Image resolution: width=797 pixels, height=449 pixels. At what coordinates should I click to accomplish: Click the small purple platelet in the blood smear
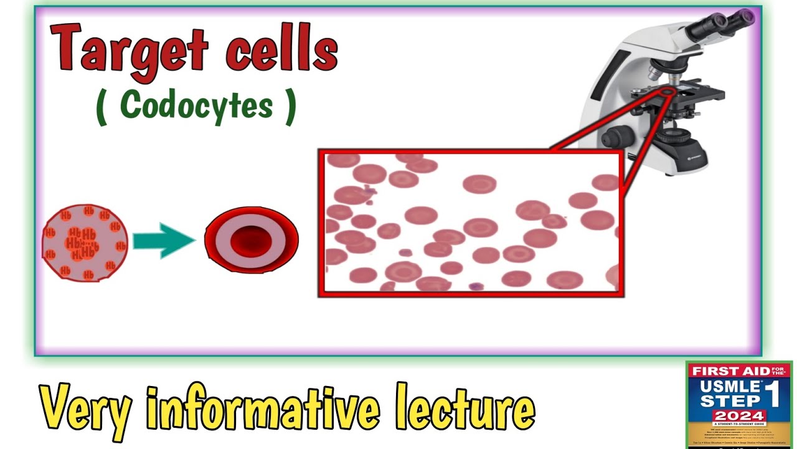click(x=476, y=287)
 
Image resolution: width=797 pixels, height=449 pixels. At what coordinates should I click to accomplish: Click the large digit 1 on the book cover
click(x=774, y=394)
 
